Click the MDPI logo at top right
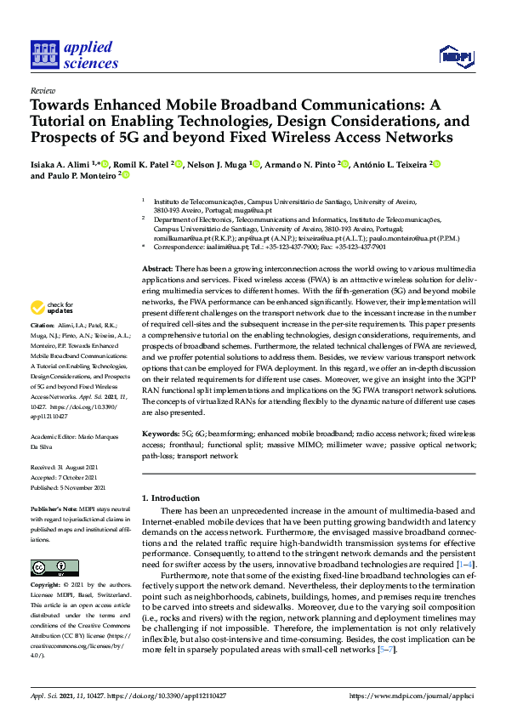[455, 57]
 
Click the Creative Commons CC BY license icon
[54, 567]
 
